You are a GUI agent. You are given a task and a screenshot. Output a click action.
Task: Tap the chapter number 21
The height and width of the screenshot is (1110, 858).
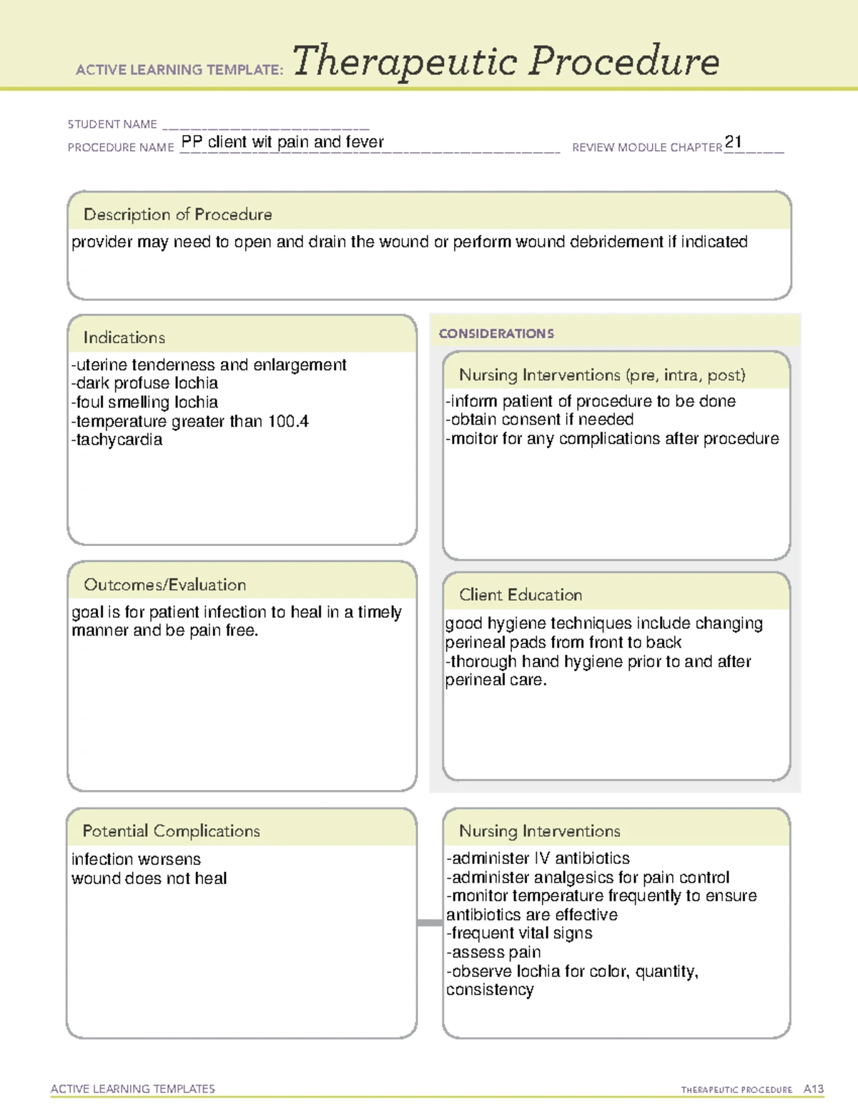click(733, 142)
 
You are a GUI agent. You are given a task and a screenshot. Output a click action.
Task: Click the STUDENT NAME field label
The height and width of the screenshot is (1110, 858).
click(112, 124)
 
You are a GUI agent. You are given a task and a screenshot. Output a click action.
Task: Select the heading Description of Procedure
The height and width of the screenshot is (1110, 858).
click(177, 214)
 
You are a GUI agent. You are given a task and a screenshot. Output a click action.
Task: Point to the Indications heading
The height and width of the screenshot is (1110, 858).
click(124, 337)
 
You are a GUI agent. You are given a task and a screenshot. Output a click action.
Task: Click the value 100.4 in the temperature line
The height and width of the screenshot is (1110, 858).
click(288, 422)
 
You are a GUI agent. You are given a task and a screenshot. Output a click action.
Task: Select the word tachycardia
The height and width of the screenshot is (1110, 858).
click(119, 440)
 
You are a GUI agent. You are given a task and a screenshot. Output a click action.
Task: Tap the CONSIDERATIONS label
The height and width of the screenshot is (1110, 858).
click(495, 334)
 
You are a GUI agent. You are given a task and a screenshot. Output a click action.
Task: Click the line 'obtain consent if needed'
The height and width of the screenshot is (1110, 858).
click(540, 420)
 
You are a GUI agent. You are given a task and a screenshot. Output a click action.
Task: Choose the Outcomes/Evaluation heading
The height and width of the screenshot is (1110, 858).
click(164, 585)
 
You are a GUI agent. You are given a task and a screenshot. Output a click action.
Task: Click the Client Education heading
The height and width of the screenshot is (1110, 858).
click(520, 595)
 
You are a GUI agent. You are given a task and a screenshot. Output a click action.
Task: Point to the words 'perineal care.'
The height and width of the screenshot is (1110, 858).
click(495, 680)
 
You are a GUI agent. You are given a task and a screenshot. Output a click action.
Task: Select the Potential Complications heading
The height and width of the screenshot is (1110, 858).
click(171, 831)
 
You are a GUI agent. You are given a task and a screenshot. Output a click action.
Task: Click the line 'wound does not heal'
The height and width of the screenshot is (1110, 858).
click(149, 878)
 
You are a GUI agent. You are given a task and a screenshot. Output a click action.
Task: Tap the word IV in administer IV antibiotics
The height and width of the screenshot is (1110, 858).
click(541, 858)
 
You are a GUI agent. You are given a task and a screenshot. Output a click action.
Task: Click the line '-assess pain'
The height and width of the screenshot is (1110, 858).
click(493, 953)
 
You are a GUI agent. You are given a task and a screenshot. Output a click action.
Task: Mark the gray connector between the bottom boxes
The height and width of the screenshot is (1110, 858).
click(429, 923)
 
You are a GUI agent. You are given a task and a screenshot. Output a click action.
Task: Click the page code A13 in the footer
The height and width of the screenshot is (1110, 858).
click(813, 1089)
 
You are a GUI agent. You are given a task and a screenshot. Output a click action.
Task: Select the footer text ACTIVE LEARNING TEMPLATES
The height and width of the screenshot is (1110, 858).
click(132, 1089)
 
